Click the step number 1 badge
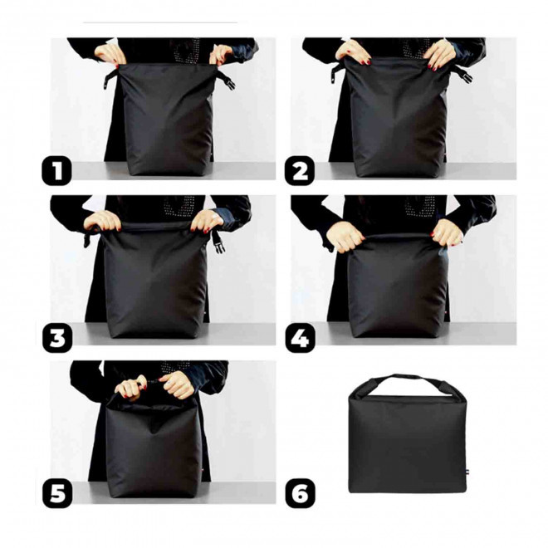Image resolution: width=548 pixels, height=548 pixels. point(57,172)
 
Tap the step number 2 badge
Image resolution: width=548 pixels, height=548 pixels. point(300,172)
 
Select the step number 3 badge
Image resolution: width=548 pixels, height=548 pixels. point(57,339)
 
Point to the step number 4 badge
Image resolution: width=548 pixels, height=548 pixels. point(300,339)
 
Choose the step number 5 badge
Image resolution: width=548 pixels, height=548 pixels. point(57,493)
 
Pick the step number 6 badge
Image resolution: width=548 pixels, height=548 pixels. point(300,493)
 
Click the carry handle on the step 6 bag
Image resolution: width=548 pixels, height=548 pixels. point(405,383)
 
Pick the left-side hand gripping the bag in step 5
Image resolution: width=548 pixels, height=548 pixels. point(131,387)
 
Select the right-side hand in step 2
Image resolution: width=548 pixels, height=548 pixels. point(439,55)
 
